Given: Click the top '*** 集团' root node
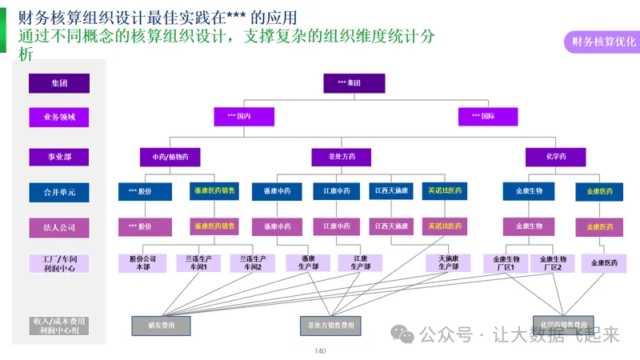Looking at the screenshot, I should pos(354,83).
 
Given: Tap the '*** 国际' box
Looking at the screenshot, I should pos(488,117).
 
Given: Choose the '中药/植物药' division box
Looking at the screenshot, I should pos(170,157).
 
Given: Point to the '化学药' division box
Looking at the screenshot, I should pos(556,157).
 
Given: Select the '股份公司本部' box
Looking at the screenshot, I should pos(142,263).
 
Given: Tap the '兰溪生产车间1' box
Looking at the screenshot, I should pos(198,263).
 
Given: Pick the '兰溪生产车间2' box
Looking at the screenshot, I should pos(253,263).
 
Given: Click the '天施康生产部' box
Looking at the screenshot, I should pos(448,263).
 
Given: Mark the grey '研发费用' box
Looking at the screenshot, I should pos(161,326).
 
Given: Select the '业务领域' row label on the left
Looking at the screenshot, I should pos(59,118).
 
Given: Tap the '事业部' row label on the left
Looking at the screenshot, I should pos(59,157).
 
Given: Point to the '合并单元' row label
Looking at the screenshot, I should pos(59,192).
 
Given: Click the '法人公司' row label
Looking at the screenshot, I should pos(59,227).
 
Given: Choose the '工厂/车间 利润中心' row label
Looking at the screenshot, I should pos(59,264).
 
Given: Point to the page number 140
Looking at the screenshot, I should pos(320,351).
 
